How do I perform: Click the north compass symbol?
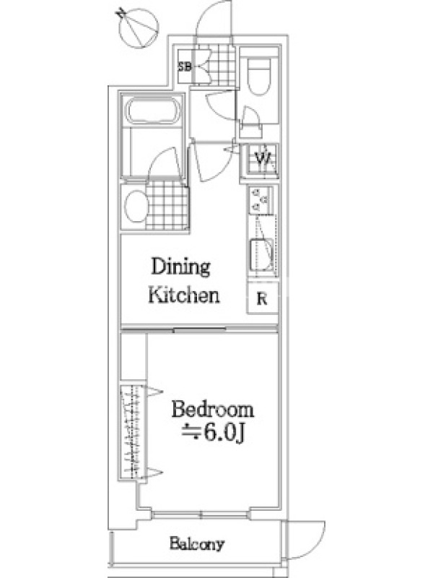pos(139,28)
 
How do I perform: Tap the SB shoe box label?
pos(185,67)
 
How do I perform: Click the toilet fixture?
pos(260,76)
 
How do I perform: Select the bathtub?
pos(153,111)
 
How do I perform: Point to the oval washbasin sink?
pos(137,207)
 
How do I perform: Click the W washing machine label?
pos(263,159)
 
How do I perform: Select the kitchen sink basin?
pos(262,254)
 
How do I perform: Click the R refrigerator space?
pos(262,298)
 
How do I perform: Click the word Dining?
pos(181,267)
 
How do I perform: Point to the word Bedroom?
pos(213,410)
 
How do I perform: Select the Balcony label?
pos(196,544)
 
